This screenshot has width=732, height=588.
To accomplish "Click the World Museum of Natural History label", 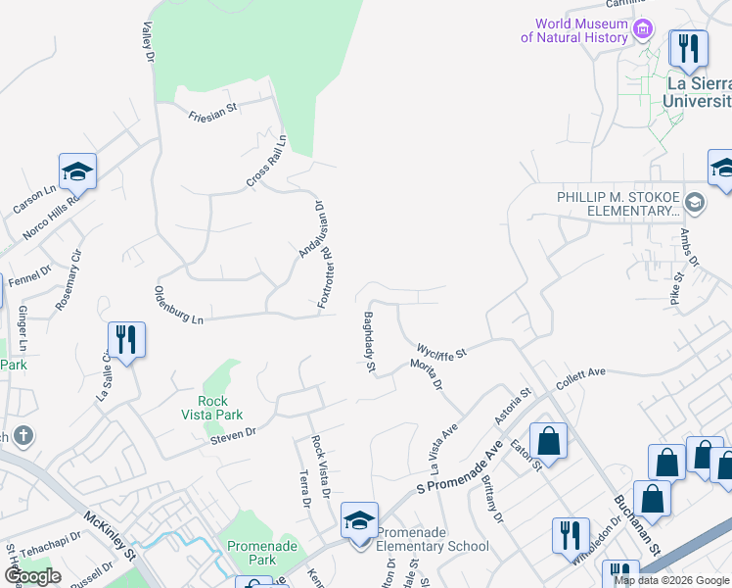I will [573, 30].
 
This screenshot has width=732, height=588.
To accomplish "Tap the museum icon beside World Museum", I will [643, 29].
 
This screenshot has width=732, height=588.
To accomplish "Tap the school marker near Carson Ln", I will [77, 173].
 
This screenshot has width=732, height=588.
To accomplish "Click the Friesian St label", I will [212, 113].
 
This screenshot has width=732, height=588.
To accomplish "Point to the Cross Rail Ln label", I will [265, 162].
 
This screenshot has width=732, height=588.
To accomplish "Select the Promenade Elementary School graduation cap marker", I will [359, 520].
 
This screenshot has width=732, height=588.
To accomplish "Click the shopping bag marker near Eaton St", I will [549, 442].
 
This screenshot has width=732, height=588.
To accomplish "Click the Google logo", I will [33, 575].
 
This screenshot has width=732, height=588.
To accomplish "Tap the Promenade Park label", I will [252, 553].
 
